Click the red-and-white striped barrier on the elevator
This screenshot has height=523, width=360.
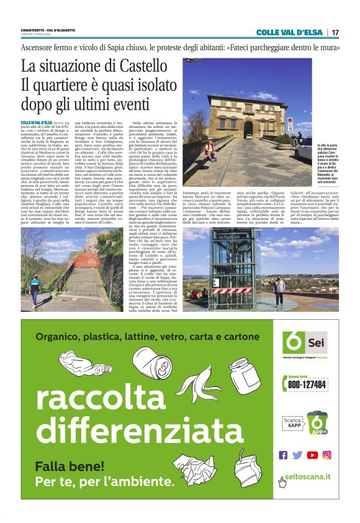pyautogui.click(x=232, y=290)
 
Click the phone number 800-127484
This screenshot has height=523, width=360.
pyautogui.click(x=307, y=385)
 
